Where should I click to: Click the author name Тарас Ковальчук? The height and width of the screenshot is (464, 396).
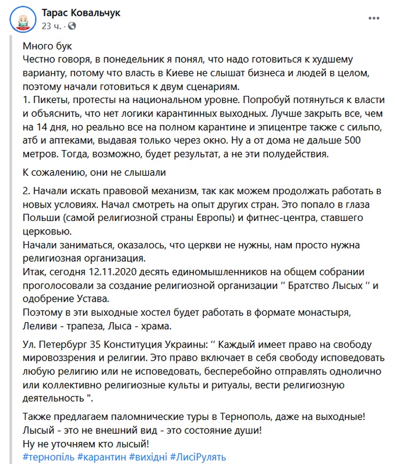point(81,13)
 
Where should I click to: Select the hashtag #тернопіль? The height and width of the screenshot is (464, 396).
point(48,457)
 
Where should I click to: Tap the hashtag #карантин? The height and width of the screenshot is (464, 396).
point(101,457)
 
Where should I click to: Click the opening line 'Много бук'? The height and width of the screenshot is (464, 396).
point(47,46)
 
